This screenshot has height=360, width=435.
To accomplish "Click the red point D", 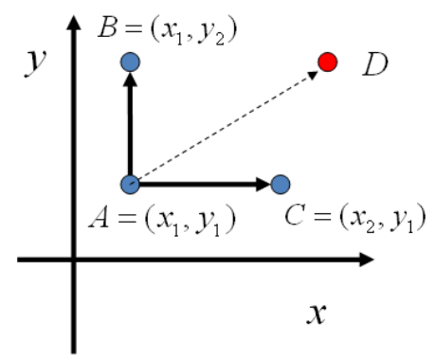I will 327,63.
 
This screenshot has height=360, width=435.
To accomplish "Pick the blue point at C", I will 280,184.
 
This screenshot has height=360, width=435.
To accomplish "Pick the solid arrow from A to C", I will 199,184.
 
